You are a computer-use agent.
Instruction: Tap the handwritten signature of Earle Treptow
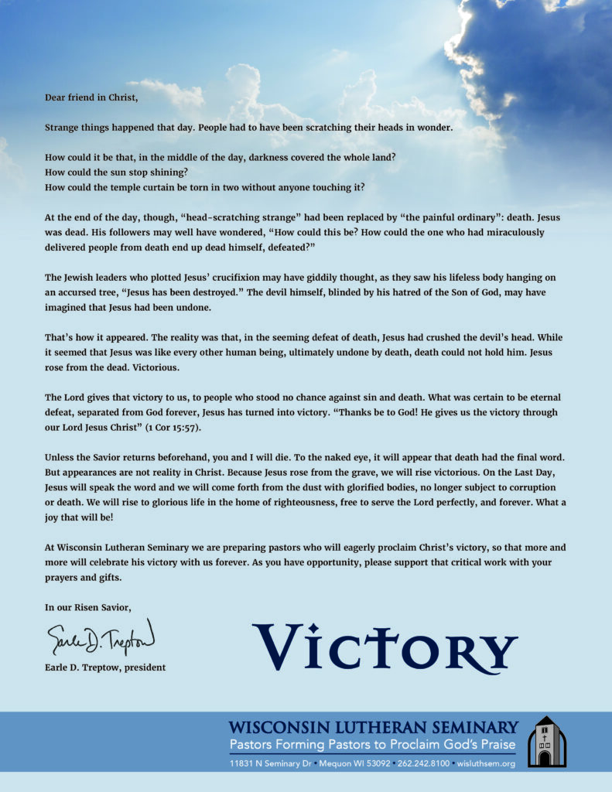pyautogui.click(x=100, y=638)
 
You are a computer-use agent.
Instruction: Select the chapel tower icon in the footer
pyautogui.click(x=546, y=742)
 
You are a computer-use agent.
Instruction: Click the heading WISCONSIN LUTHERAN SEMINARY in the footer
pyautogui.click(x=373, y=727)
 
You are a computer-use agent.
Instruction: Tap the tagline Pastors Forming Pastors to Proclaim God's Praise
pyautogui.click(x=373, y=744)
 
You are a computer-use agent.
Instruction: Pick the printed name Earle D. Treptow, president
pyautogui.click(x=105, y=667)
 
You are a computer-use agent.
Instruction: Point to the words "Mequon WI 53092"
pyautogui.click(x=357, y=763)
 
